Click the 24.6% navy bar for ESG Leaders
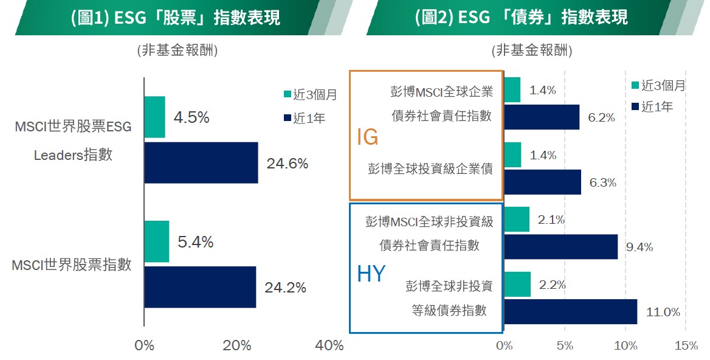point(201,162)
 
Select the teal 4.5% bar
point(154,117)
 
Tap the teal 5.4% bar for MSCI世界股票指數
point(156,241)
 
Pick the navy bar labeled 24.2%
point(200,287)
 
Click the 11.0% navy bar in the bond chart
point(570,311)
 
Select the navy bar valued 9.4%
point(560,246)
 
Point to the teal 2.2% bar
point(517,284)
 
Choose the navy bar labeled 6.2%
point(542,117)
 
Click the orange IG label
point(367,137)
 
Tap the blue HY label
point(371,274)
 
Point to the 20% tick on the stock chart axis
point(237,346)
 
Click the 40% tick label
point(330,346)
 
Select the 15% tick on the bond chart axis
point(686,346)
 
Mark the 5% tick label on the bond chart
point(565,346)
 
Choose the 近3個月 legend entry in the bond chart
point(658,86)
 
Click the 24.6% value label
point(287,164)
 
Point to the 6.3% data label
point(602,182)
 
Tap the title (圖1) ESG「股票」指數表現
point(175,18)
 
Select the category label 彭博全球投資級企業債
point(430,169)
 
